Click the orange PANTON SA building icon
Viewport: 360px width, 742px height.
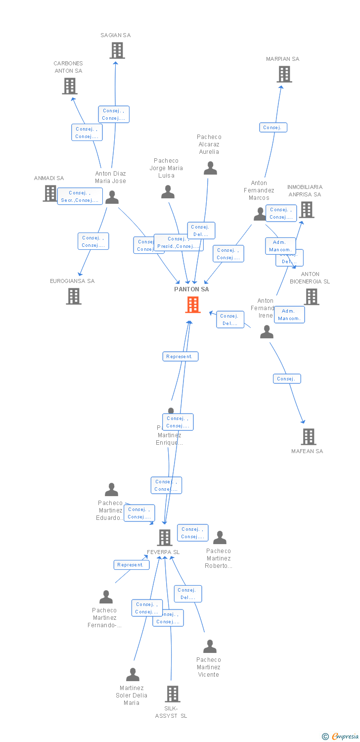click(193, 305)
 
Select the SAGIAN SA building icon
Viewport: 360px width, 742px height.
click(117, 50)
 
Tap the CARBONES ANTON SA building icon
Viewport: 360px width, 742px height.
click(70, 86)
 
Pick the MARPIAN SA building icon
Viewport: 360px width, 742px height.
click(284, 74)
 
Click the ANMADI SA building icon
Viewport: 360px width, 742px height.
click(50, 193)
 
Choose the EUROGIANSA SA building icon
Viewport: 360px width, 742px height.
click(74, 296)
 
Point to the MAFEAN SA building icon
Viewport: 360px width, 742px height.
click(309, 437)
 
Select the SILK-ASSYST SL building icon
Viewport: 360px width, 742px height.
click(172, 694)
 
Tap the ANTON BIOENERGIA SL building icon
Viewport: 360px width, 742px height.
click(312, 297)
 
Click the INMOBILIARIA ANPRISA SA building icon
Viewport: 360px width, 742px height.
click(307, 210)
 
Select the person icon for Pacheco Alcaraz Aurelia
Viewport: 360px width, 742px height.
click(210, 169)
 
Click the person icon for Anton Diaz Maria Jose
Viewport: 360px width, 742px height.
click(112, 197)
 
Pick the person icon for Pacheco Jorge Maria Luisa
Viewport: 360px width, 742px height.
click(168, 192)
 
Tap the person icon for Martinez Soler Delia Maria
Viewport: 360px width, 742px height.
click(133, 675)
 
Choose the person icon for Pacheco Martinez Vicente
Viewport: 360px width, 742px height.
click(210, 647)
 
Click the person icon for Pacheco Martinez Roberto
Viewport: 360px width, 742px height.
click(220, 538)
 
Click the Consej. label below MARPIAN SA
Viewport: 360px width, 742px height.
click(273, 128)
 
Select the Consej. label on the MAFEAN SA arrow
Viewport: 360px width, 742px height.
click(287, 379)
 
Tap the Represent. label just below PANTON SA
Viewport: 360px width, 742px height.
click(180, 357)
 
